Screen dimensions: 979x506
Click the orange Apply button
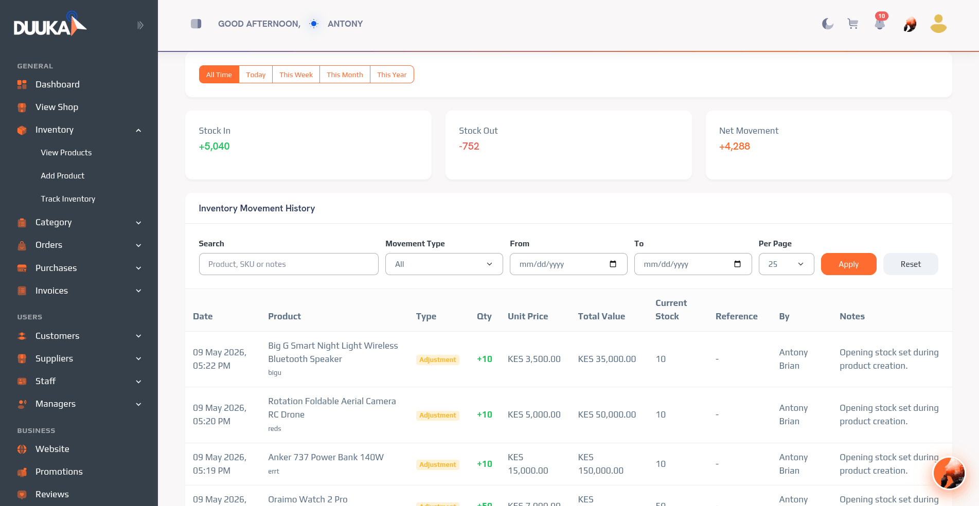click(848, 264)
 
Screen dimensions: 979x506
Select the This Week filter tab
click(296, 75)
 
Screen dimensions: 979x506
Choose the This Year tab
click(391, 75)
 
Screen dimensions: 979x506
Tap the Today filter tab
click(256, 75)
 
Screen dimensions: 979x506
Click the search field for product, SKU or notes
click(289, 264)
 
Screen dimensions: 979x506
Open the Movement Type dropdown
click(444, 264)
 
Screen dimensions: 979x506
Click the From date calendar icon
click(613, 264)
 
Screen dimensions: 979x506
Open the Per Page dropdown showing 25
click(786, 264)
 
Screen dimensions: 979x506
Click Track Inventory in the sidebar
click(68, 198)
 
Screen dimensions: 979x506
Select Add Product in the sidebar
click(62, 175)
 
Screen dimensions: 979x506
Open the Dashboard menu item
click(57, 84)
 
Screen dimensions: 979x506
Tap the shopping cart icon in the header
click(853, 24)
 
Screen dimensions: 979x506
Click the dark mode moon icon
click(827, 24)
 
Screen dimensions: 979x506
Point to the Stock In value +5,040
click(214, 146)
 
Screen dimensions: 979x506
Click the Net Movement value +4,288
click(734, 146)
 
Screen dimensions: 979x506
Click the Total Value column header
click(601, 316)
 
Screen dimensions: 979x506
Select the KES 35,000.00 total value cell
click(607, 359)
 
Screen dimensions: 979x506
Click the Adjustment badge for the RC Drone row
click(437, 415)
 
